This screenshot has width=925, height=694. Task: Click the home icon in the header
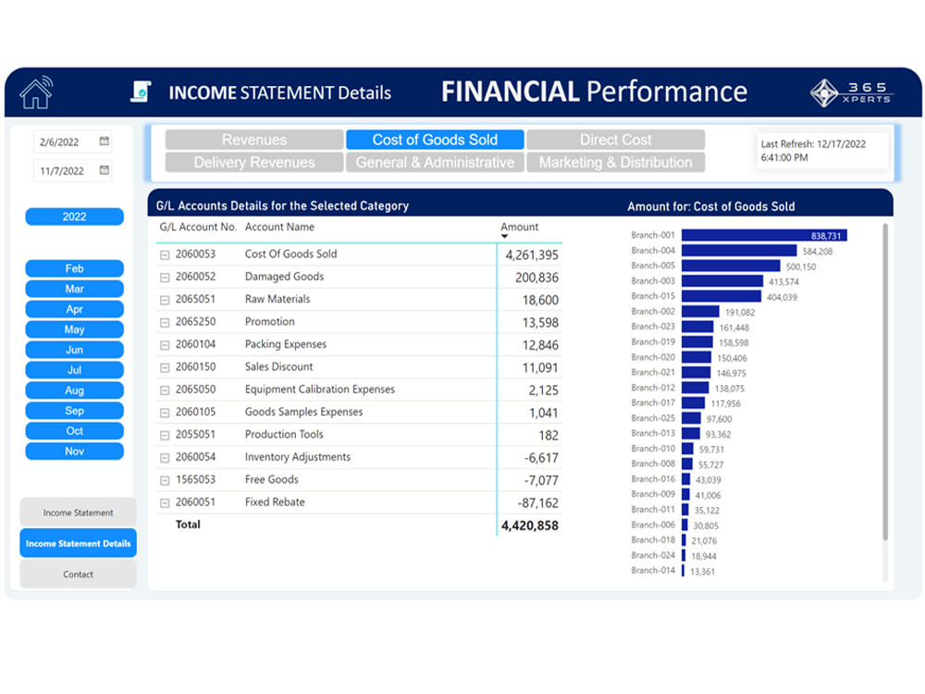36,93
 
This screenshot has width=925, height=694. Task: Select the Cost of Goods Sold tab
435,140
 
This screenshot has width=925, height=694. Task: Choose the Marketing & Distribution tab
615,162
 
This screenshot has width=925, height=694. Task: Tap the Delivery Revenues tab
254,162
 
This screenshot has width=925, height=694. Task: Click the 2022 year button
74,217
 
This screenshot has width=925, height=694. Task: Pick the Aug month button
74,390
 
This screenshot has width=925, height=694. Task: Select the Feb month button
74,268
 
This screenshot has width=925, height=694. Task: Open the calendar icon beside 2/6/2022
105,142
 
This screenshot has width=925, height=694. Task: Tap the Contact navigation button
78,575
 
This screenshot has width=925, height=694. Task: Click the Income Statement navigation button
78,513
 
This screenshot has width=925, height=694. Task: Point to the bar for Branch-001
763,236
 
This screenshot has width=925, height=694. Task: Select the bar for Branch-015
721,296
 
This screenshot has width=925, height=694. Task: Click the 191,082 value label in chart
740,313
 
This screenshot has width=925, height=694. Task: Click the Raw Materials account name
277,300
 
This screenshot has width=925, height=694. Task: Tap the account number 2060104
195,344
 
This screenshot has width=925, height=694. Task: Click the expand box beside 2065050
165,390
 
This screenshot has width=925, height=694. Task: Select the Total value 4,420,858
529,526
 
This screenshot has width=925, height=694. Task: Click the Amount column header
519,228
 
